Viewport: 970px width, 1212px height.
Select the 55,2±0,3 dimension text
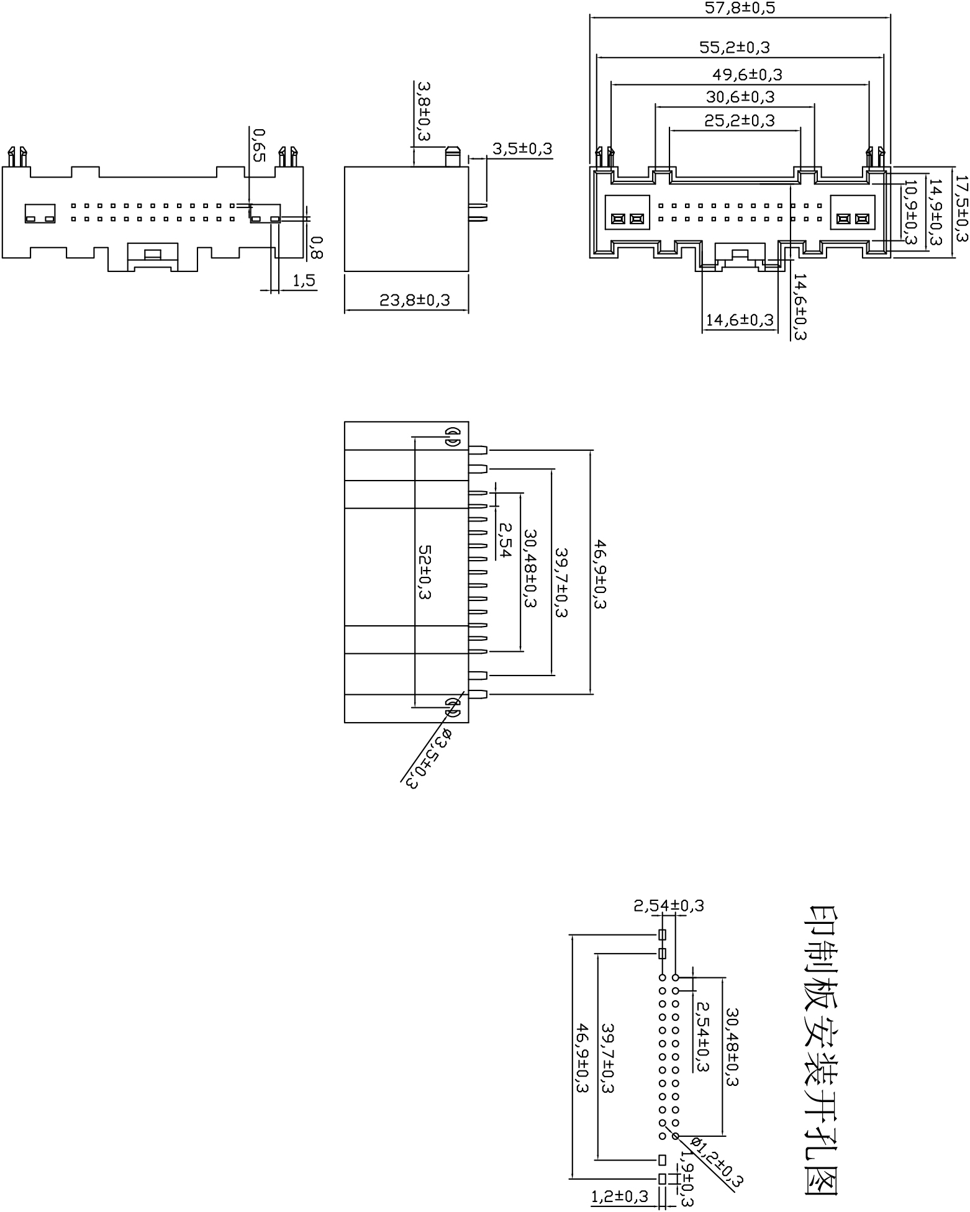point(739,48)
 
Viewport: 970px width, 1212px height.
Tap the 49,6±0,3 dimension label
point(747,75)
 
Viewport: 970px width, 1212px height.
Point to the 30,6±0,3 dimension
point(740,97)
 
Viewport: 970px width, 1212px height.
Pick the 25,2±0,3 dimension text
point(740,120)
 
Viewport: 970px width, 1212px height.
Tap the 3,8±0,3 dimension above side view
point(424,111)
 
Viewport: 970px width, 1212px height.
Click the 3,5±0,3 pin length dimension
point(522,149)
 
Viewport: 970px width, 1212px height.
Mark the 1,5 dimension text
point(304,281)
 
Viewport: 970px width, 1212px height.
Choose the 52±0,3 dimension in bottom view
point(425,572)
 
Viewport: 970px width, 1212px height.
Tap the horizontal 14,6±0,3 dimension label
point(740,320)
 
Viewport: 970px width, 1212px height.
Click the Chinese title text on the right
point(823,1055)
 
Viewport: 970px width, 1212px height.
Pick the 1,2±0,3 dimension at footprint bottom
point(619,1196)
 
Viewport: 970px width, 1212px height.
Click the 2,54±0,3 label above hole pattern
point(668,905)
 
